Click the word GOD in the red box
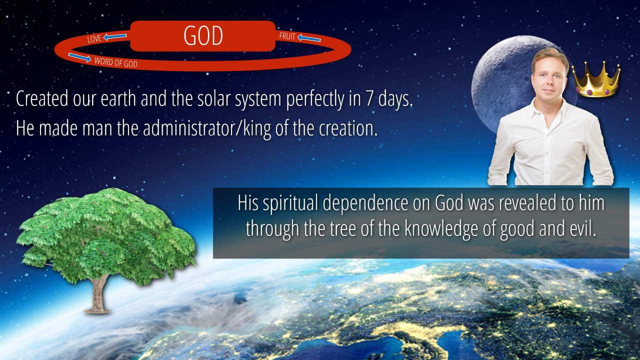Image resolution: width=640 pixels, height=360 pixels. [203, 35]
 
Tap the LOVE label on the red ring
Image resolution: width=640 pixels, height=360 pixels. [94, 39]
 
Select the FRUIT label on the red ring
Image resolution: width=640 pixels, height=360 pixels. [287, 36]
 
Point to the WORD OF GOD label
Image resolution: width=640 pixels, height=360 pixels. [115, 62]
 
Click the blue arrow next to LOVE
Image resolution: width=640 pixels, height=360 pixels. [115, 36]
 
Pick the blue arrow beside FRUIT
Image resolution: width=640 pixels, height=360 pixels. [309, 38]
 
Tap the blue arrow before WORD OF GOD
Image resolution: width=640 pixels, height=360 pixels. [79, 57]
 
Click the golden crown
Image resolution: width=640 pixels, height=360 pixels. [596, 79]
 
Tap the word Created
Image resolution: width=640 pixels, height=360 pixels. [42, 98]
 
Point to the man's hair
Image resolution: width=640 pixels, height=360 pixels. [550, 58]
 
